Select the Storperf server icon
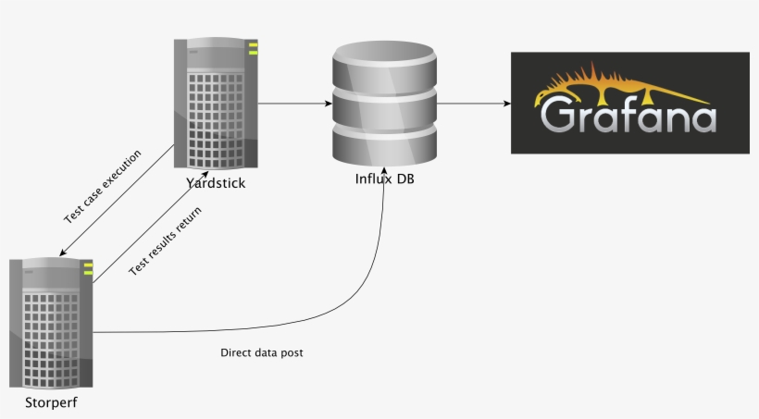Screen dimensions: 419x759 coord(52,324)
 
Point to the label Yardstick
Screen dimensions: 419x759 coord(216,182)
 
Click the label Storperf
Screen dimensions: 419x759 coord(52,402)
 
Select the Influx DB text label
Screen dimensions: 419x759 coord(384,179)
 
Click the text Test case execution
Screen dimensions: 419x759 coord(102,186)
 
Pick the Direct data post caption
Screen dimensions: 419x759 coord(261,353)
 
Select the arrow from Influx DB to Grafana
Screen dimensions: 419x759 coord(474,104)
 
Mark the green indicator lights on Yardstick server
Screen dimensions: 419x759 coord(253,48)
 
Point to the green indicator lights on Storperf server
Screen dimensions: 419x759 coord(89,269)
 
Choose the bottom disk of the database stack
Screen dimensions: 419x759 coord(384,143)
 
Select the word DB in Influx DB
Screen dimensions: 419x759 coord(404,179)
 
